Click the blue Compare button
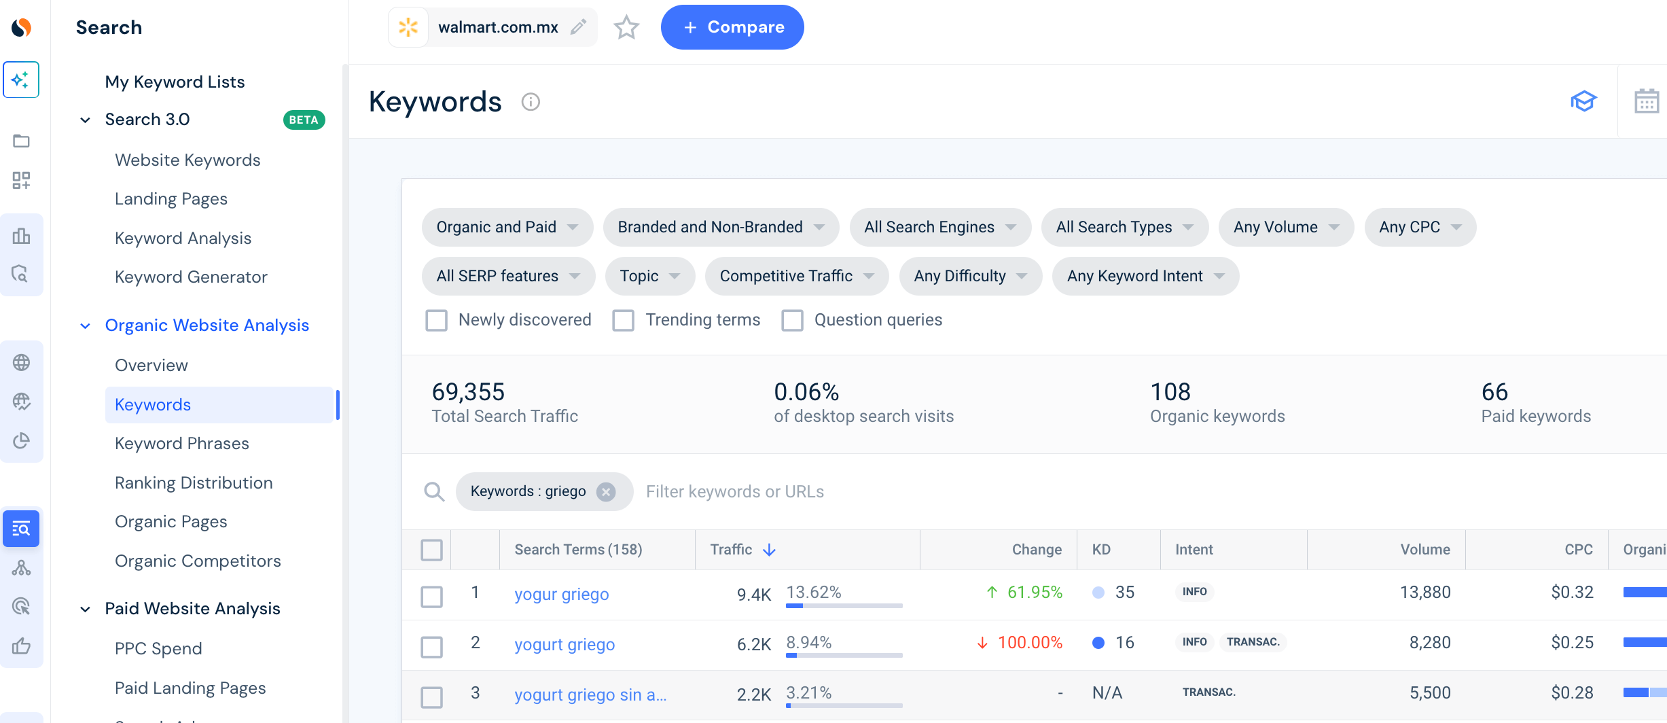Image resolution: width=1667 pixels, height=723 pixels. pos(732,27)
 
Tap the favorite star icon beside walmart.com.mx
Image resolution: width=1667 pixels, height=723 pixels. pos(626,27)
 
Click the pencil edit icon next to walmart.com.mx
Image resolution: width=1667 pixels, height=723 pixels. pos(578,27)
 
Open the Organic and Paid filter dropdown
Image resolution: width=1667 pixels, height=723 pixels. pos(507,227)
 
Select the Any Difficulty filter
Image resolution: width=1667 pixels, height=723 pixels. pos(970,276)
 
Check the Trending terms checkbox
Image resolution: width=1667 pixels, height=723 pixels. pos(623,320)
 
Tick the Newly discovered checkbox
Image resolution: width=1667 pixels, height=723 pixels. pos(436,320)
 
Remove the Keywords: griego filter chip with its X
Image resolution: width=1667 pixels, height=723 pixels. pos(606,491)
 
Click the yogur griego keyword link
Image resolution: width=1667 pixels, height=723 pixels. pos(561,595)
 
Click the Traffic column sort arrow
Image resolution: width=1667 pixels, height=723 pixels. pos(769,550)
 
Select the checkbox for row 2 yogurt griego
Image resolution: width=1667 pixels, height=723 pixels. pos(431,647)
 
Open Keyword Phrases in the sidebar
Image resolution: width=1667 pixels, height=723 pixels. pos(182,444)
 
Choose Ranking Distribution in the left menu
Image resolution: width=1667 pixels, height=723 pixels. pos(194,483)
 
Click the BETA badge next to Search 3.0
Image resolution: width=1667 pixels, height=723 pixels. pos(304,120)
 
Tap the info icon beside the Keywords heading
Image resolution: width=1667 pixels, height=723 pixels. pos(531,102)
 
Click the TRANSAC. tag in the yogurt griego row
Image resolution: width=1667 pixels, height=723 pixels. pos(1253,642)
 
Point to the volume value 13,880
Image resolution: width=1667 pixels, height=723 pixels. pos(1425,593)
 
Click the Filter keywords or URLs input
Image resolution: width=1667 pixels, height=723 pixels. pos(735,492)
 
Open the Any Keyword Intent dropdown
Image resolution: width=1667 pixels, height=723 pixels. pos(1145,276)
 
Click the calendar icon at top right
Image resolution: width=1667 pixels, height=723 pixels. pos(1646,102)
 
